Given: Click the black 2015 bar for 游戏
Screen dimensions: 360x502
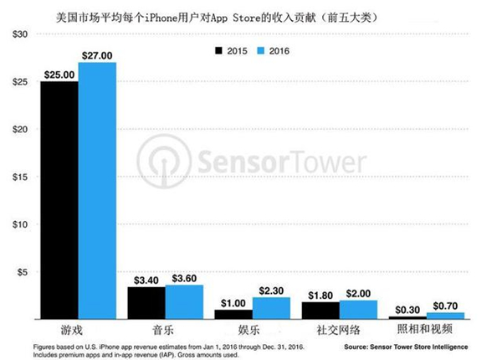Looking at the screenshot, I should click(x=59, y=200).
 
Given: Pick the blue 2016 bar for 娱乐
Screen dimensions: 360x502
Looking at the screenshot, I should click(x=272, y=308).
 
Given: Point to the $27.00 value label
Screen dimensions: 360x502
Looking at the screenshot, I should click(x=98, y=55).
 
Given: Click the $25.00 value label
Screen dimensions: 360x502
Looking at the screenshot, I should click(x=59, y=75).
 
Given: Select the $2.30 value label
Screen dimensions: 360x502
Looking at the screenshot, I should click(x=272, y=290).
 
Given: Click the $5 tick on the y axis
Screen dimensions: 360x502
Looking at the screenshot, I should click(x=22, y=272).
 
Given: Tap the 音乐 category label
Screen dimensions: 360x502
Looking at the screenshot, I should click(x=165, y=331).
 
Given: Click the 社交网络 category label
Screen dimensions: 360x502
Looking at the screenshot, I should click(x=339, y=331).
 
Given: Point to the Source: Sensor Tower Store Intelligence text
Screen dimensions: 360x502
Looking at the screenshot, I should click(x=400, y=346).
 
